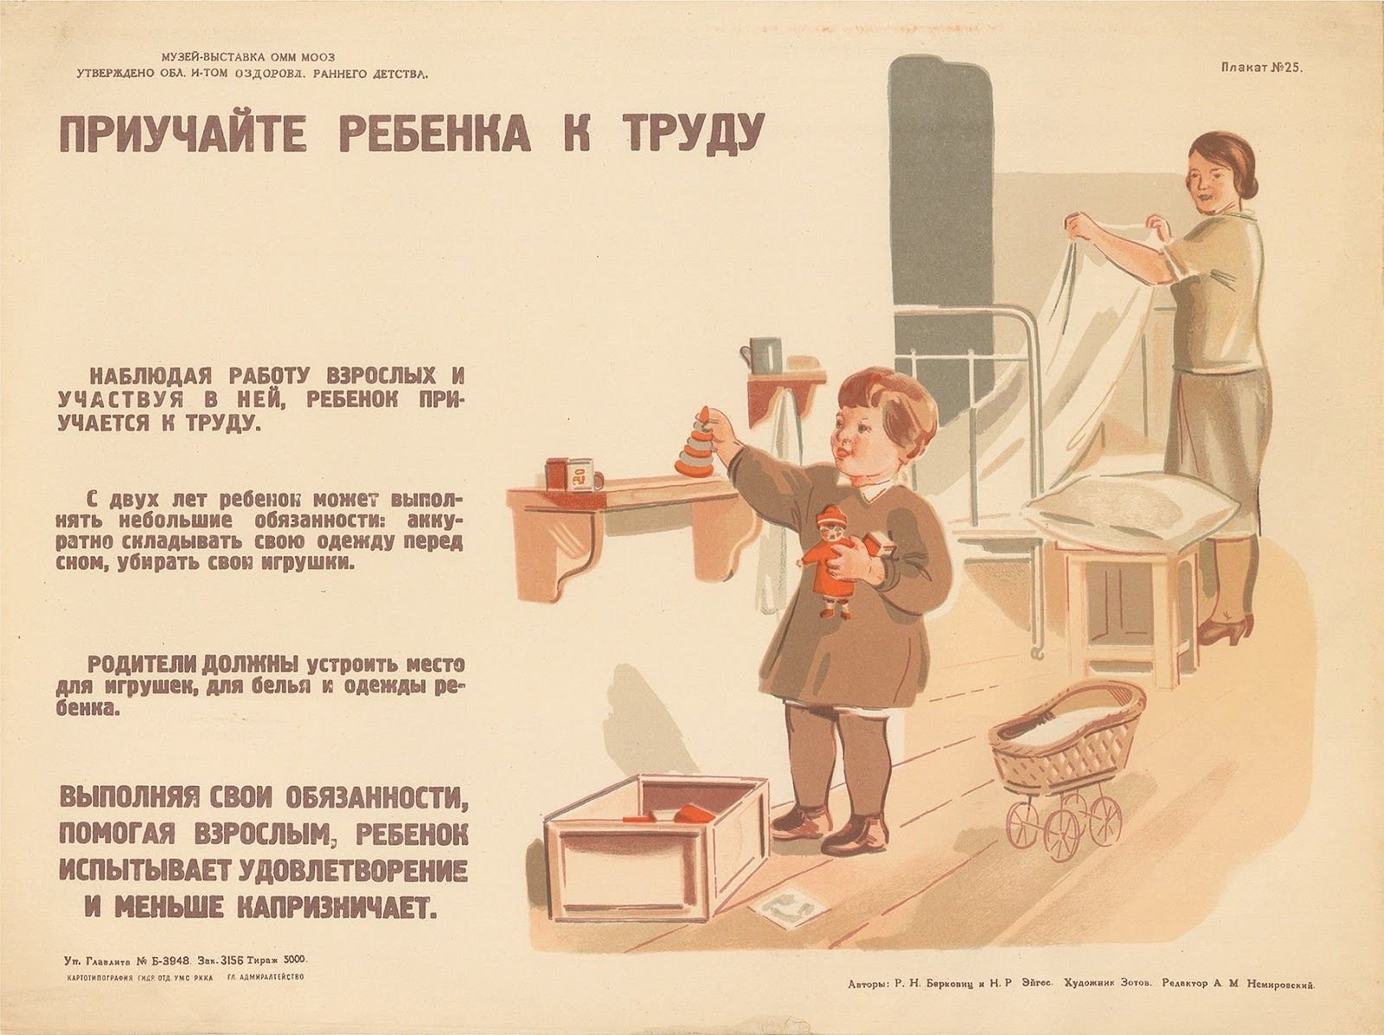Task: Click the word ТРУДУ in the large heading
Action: (x=685, y=134)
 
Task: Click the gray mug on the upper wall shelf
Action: (x=766, y=355)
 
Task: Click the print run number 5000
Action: (x=294, y=978)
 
